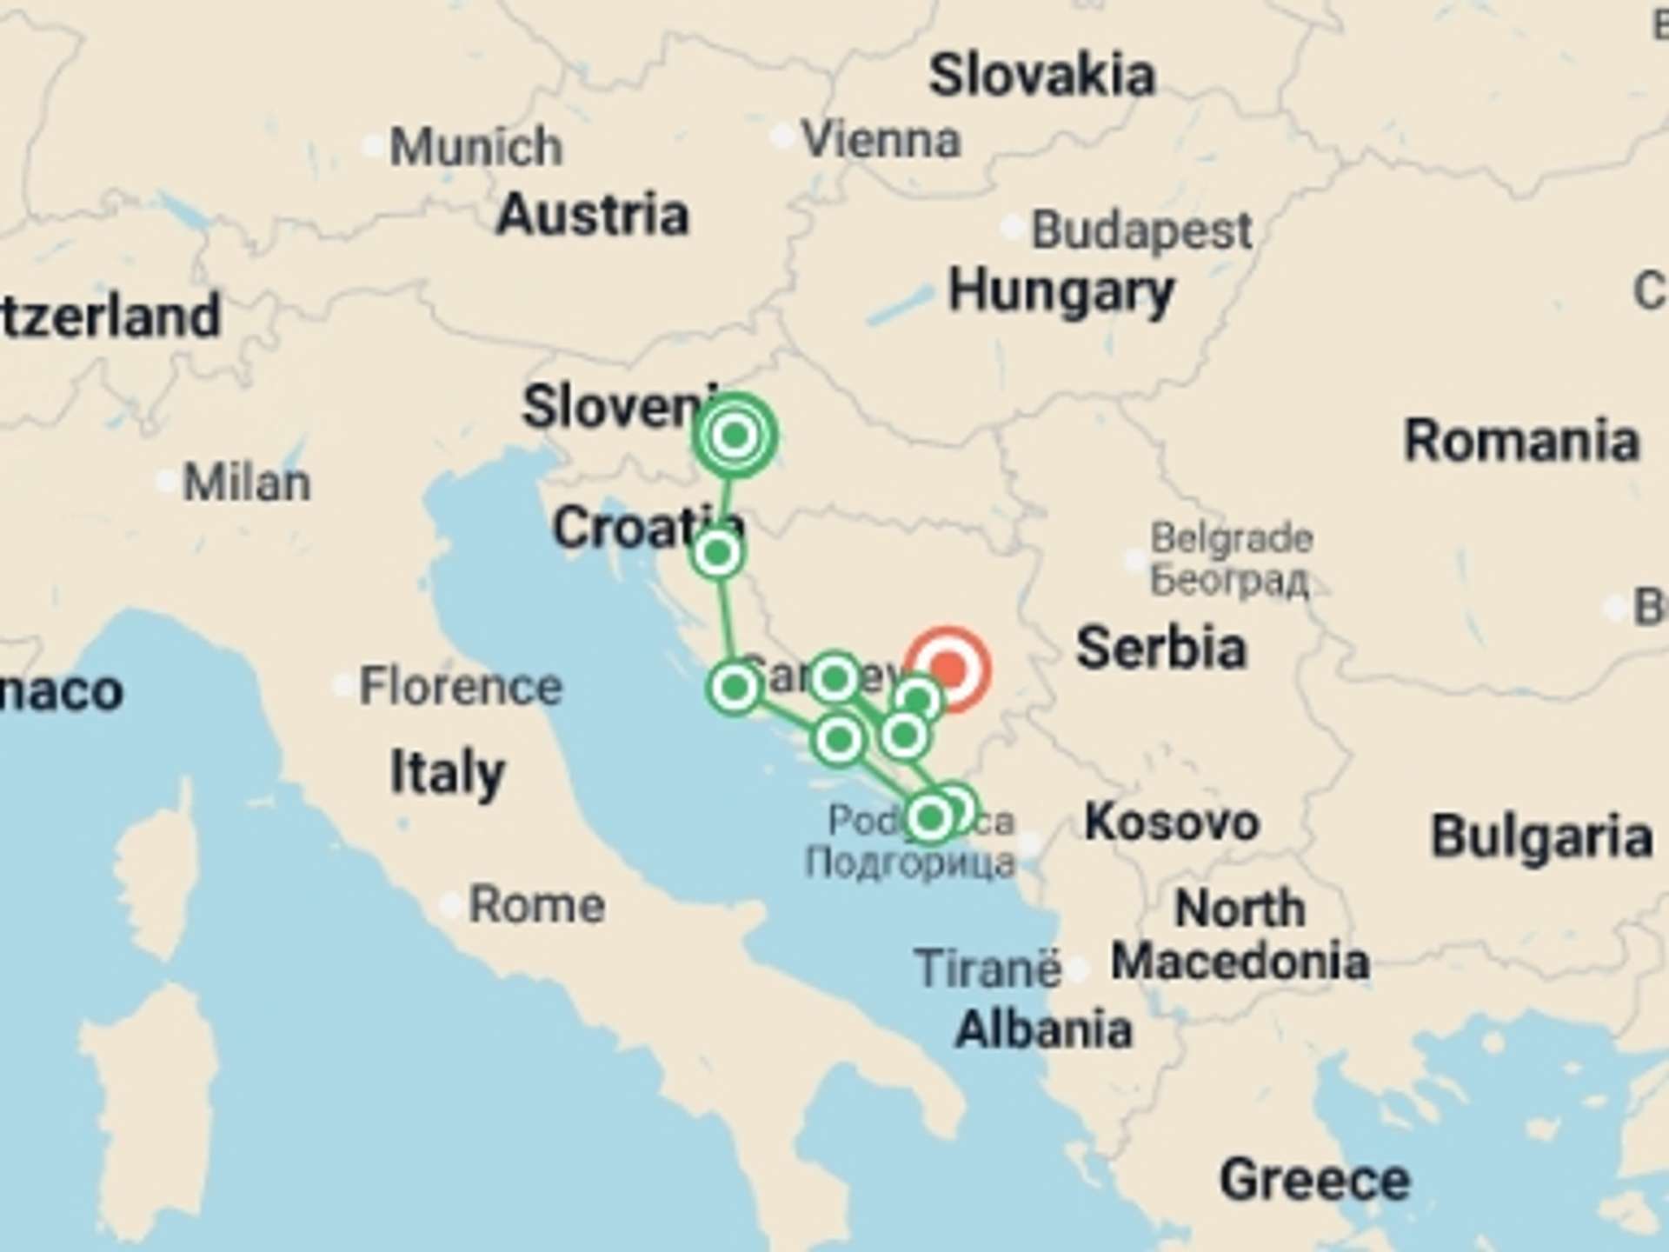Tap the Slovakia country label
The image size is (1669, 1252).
coord(1041,76)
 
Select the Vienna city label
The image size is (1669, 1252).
coord(881,139)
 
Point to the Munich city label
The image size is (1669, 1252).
coord(475,146)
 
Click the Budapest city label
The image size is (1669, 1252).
coord(1140,231)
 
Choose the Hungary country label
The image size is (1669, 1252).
coord(1061,291)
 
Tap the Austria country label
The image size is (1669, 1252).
coord(592,215)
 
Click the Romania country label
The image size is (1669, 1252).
coord(1521,441)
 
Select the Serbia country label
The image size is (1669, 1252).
coord(1160,649)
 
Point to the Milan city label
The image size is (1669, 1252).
coord(246,483)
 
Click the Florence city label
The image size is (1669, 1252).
coord(461,687)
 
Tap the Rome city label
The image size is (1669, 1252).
coord(536,906)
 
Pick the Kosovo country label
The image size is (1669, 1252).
coord(1171,822)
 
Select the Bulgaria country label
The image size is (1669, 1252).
coord(1541,837)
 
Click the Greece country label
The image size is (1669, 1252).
coord(1314,1180)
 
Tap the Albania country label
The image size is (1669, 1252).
coord(1043,1030)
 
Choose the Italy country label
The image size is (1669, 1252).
coord(447,772)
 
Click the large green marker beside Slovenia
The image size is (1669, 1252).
coord(735,435)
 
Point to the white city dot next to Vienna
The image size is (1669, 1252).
coord(781,137)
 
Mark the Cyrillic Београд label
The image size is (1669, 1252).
coord(1229,581)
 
